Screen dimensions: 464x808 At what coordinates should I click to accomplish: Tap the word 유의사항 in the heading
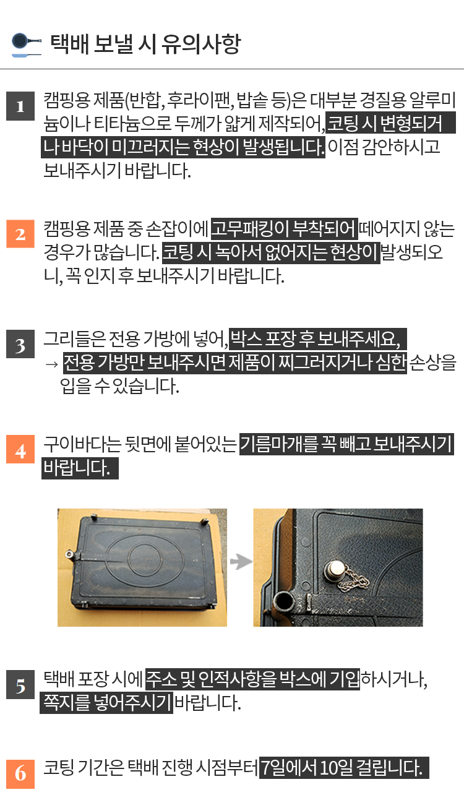200,44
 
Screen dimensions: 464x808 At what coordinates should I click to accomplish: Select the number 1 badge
20,106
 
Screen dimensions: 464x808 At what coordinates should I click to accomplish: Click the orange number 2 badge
20,234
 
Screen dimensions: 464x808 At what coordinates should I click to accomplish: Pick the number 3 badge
20,344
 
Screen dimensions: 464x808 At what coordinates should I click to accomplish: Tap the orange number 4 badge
20,449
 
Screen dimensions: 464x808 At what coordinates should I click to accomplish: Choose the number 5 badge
20,684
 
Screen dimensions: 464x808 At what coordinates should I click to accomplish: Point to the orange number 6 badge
20,774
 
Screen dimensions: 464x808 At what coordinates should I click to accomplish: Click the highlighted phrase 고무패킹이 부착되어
285,229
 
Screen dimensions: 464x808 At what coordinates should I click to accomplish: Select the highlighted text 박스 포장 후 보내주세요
318,338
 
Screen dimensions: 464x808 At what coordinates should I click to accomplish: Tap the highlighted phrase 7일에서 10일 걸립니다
344,768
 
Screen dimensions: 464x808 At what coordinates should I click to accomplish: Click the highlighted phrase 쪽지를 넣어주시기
106,703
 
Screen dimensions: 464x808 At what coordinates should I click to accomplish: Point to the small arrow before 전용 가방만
52,364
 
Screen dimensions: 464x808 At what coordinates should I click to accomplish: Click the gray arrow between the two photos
241,561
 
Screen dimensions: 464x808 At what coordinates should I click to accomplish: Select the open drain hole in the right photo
285,601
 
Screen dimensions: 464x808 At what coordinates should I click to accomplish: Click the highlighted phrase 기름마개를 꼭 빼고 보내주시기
346,444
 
